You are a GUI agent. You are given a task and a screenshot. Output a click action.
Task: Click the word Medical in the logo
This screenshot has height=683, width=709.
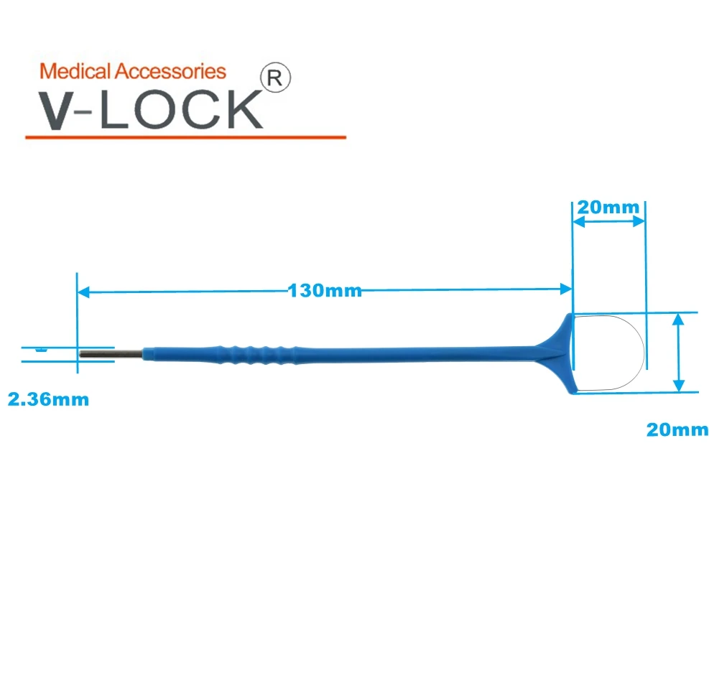(x=75, y=71)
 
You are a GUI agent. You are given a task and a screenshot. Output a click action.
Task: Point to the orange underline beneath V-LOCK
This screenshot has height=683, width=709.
(x=185, y=136)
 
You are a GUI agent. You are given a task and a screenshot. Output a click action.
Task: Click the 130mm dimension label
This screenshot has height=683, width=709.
(x=325, y=291)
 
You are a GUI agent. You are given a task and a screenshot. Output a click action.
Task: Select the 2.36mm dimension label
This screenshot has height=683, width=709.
(x=48, y=399)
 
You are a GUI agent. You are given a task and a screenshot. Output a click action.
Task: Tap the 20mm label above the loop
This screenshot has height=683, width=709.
(x=608, y=208)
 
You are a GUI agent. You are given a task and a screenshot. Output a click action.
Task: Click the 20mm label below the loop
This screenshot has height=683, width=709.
(x=677, y=429)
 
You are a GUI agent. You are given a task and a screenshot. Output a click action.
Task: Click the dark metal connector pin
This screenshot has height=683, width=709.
(x=111, y=353)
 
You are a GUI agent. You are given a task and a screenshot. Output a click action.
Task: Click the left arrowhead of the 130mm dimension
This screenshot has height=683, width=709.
(x=83, y=292)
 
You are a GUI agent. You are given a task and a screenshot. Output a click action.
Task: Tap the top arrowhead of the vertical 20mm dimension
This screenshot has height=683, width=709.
(x=677, y=320)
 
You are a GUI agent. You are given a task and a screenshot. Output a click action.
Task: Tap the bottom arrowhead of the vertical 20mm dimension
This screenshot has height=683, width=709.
(x=677, y=386)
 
